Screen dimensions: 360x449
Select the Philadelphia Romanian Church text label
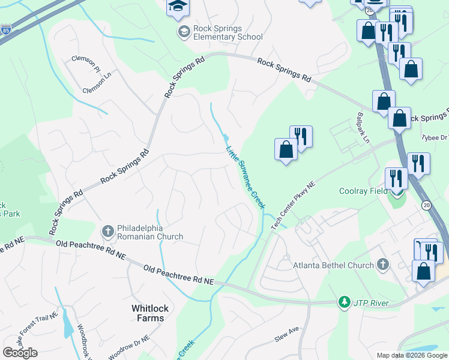click(150, 232)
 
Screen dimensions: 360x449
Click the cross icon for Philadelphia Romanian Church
click(108, 231)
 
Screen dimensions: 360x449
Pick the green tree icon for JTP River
click(344, 302)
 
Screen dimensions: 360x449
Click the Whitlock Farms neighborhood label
click(148, 313)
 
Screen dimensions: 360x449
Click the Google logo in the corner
click(20, 353)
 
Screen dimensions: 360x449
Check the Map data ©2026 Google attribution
click(411, 355)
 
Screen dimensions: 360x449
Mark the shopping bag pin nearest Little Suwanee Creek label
click(286, 150)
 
